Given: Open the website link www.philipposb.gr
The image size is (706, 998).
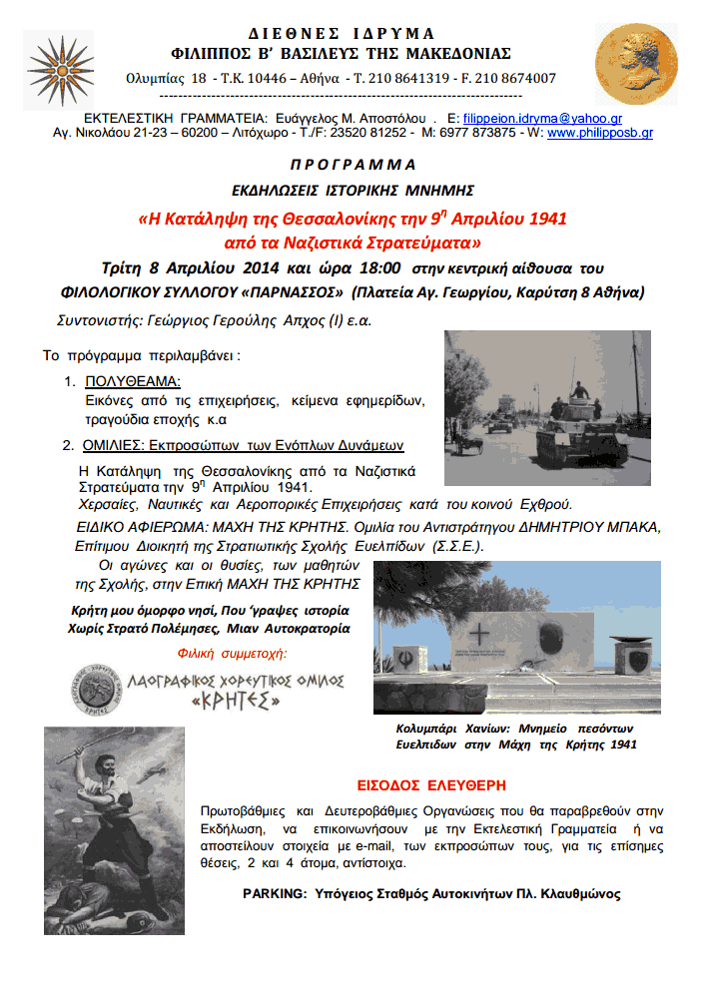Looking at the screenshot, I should tap(599, 132).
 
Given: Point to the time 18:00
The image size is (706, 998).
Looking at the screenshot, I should tap(379, 267).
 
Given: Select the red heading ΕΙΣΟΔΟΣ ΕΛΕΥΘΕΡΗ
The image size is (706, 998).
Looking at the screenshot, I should tap(431, 784).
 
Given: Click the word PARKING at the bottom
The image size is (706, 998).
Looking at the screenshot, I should tap(274, 893).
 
